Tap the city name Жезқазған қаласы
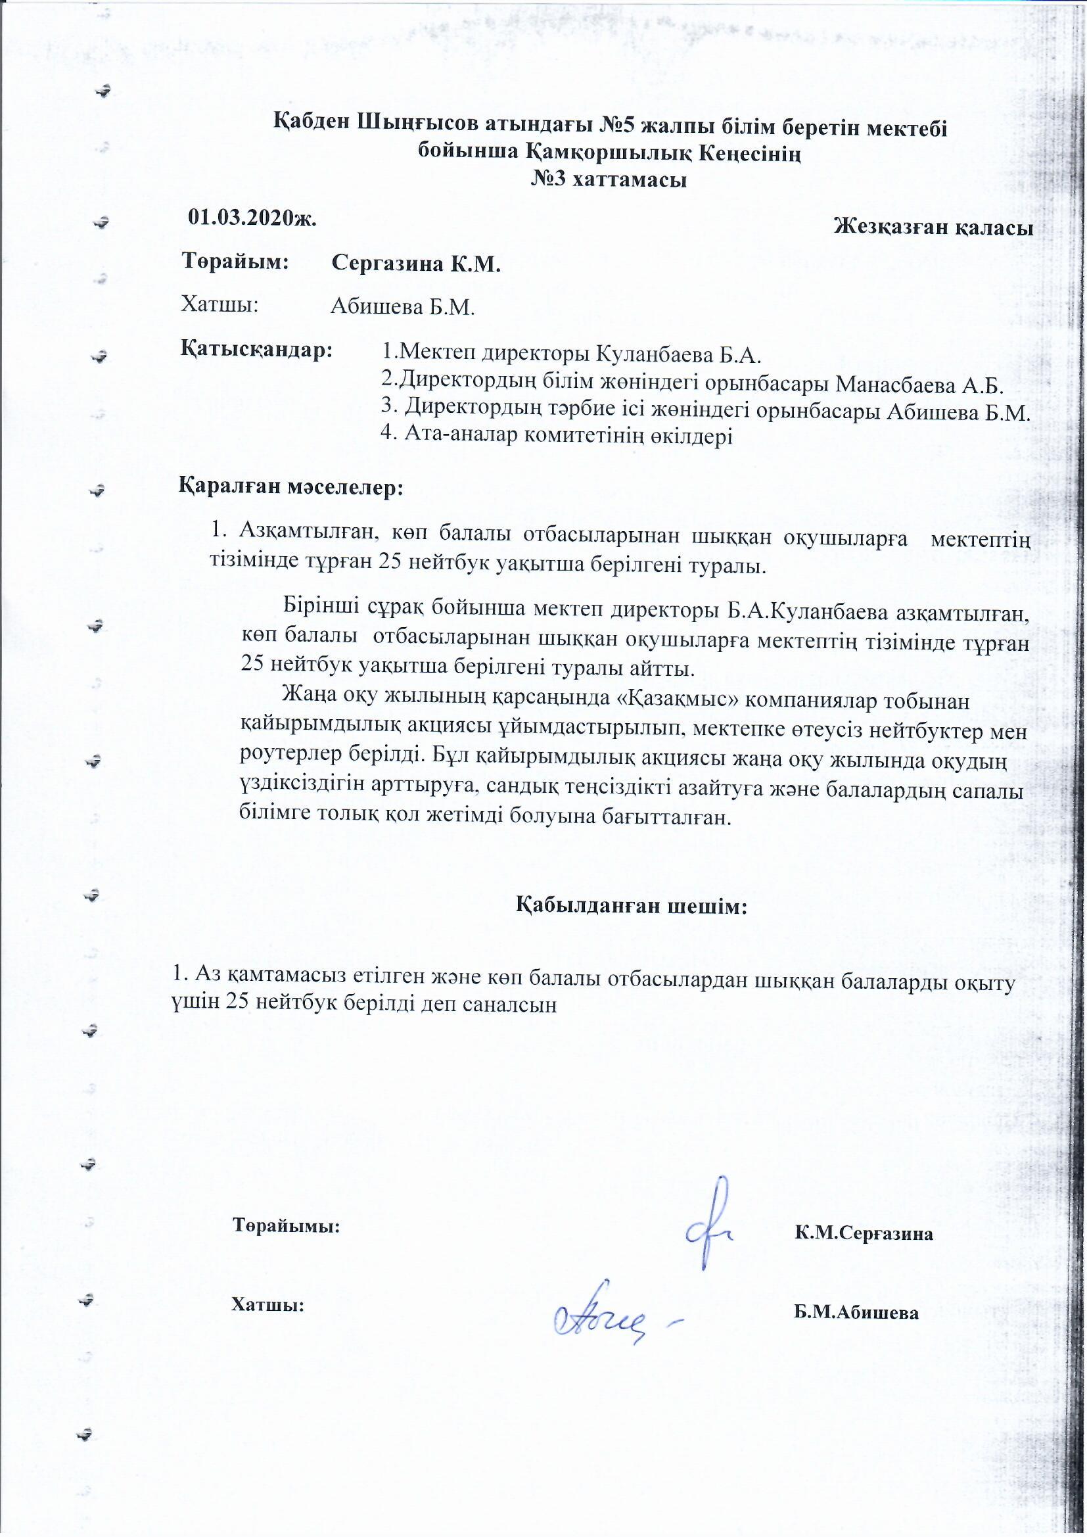coord(933,227)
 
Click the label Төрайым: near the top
coord(235,262)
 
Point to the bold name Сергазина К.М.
coord(416,264)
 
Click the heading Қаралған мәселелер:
coord(291,486)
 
